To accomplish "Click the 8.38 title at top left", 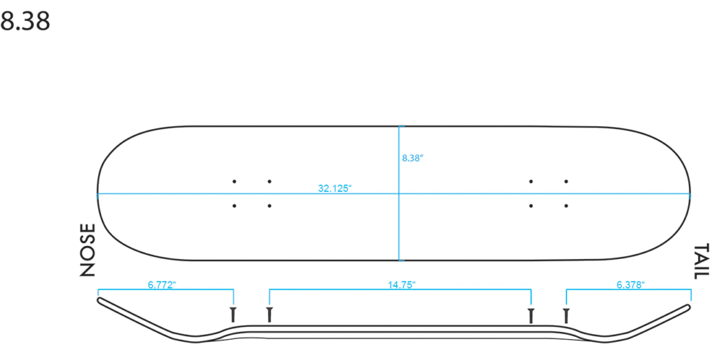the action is pos(25,21).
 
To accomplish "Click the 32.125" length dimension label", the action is pos(335,188).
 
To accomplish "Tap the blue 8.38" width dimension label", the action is pos(413,158).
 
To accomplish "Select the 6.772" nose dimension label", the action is pos(162,285).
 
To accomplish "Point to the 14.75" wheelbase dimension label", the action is pos(401,285).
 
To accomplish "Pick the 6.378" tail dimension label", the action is pos(630,285).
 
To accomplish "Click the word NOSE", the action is pos(88,250).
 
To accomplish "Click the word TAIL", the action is pos(702,261).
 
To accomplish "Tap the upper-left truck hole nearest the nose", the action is pos(234,181).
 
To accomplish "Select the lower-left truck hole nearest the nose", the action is pos(234,206).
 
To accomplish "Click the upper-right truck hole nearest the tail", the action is pos(566,181).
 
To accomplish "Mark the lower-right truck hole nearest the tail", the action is pos(566,206).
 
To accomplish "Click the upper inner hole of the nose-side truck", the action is pos(270,181).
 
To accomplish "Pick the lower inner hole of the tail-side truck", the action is pos(531,206).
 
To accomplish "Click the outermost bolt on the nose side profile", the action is pos(233,315).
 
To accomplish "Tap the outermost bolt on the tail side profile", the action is pos(566,316).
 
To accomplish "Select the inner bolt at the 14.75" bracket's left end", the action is pos(269,315).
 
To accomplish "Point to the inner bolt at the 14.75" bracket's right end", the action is pos(531,316).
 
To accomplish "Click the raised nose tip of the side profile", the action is pos(100,300).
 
